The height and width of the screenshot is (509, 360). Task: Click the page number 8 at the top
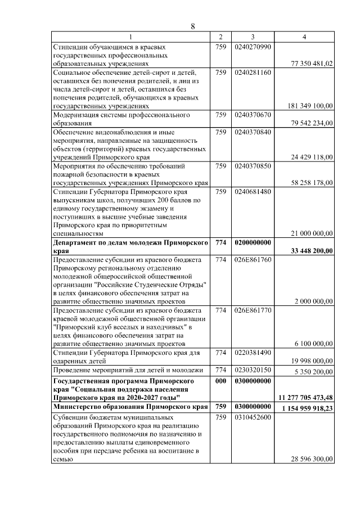click(193, 26)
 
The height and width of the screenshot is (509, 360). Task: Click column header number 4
click(304, 37)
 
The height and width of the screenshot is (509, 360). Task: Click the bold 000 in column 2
click(220, 381)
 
